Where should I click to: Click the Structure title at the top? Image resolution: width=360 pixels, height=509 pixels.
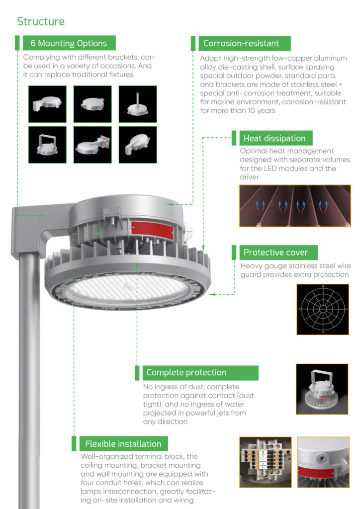pyautogui.click(x=41, y=21)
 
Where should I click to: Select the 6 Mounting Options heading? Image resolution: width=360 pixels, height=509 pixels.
pyautogui.click(x=69, y=43)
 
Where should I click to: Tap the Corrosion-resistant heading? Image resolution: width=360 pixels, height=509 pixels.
pyautogui.click(x=241, y=43)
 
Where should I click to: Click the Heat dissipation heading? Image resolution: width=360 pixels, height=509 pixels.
pyautogui.click(x=274, y=138)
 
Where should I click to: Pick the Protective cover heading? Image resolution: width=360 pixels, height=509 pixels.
pyautogui.click(x=275, y=252)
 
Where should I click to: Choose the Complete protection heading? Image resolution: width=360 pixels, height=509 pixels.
pyautogui.click(x=186, y=372)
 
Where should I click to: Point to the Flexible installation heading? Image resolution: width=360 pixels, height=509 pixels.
pyautogui.click(x=123, y=444)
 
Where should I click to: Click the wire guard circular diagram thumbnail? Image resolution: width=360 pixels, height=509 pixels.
pyautogui.click(x=323, y=309)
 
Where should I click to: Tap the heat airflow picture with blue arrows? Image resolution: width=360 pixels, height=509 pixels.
pyautogui.click(x=295, y=206)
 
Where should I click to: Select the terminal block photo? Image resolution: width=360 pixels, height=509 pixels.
pyautogui.click(x=266, y=462)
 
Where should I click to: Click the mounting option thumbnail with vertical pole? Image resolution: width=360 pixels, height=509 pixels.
pyautogui.click(x=138, y=104)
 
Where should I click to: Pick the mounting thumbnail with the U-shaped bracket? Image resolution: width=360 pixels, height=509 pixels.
pyautogui.click(x=47, y=145)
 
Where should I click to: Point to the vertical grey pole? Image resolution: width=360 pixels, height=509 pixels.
pyautogui.click(x=29, y=380)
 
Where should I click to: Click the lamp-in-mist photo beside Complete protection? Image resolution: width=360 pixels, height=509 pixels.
pyautogui.click(x=322, y=389)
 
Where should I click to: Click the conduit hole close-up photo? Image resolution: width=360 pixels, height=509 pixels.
pyautogui.click(x=323, y=462)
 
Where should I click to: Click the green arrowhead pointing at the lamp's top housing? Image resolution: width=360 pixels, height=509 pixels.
pyautogui.click(x=170, y=204)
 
